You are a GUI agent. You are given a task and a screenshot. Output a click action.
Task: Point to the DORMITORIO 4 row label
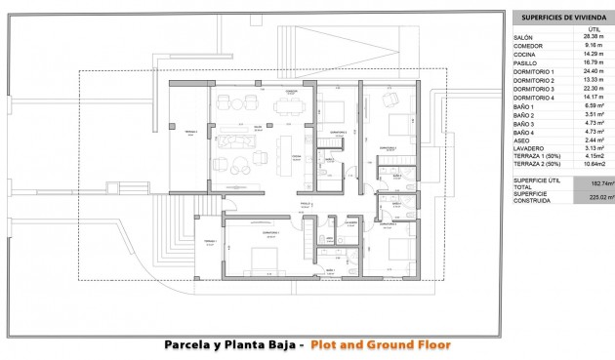pyautogui.click(x=534, y=98)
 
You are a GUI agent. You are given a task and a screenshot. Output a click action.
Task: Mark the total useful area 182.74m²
pyautogui.click(x=590, y=182)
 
